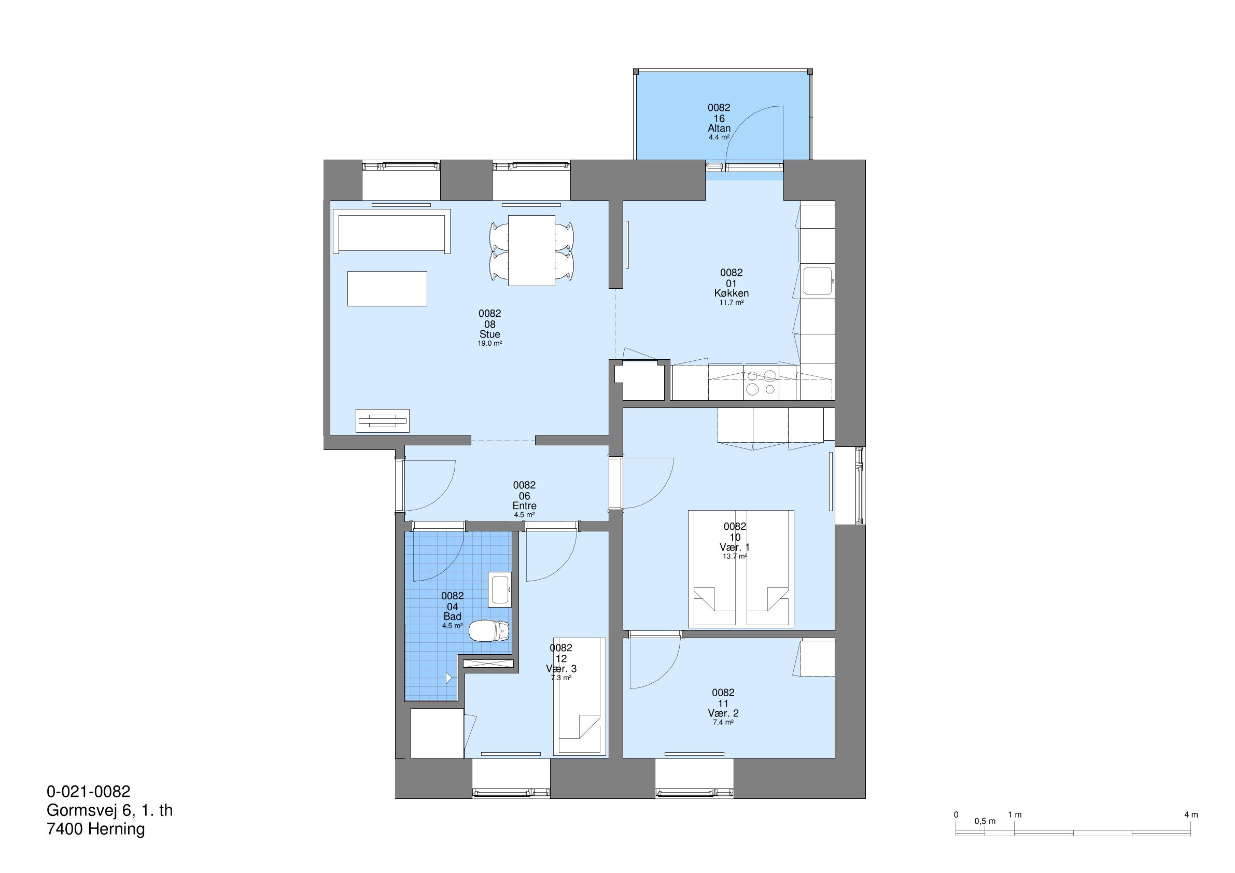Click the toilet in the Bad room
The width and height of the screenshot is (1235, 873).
pos(489,630)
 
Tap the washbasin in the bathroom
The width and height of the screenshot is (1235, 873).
pos(500,589)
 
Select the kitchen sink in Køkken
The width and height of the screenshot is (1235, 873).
pos(818,281)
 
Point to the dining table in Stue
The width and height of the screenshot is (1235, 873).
pos(531,251)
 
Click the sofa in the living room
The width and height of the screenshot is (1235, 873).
pos(391,231)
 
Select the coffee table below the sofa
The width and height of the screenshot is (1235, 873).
pos(387,289)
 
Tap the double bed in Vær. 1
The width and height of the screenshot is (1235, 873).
pos(741,569)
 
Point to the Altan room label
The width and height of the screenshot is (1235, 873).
pos(719,128)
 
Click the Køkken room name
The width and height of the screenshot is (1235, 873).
pos(732,293)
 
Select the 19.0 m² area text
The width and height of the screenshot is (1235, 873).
pos(490,343)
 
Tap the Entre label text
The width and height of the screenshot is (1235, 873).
pos(525,505)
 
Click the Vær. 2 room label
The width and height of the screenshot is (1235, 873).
pos(723,713)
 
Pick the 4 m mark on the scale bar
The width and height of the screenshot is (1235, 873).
pos(1191,814)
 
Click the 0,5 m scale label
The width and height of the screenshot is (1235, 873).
pos(985,821)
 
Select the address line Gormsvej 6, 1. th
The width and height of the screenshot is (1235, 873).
pos(110,810)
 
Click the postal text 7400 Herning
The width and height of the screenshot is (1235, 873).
pos(96,829)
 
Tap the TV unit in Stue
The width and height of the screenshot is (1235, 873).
pos(383,420)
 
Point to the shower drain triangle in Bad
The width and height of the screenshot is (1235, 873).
pos(448,678)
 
